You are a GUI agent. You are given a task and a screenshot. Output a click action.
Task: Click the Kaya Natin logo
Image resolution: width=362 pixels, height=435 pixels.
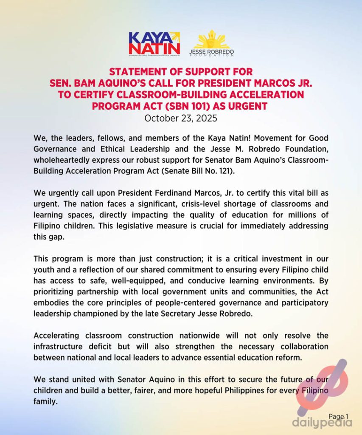pyautogui.click(x=154, y=43)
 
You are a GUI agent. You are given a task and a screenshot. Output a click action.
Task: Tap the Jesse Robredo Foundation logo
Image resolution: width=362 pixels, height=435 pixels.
pyautogui.click(x=212, y=43)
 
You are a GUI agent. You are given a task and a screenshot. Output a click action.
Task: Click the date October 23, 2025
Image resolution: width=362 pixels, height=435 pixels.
pyautogui.click(x=181, y=118)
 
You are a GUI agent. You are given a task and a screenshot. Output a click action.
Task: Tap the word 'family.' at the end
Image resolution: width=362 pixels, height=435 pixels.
pyautogui.click(x=45, y=401)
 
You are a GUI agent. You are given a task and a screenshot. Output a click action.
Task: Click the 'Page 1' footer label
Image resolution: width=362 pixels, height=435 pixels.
pyautogui.click(x=338, y=417)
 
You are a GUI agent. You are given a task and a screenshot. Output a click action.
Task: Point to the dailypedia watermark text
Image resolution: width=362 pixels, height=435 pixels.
pyautogui.click(x=322, y=423)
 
